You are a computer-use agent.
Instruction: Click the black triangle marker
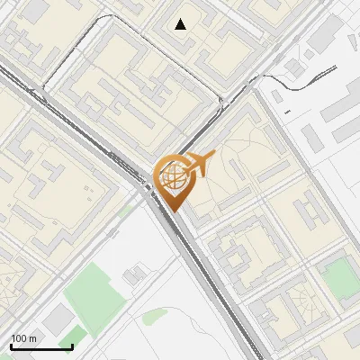coord(181,24)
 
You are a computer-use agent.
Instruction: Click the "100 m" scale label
coord(23,338)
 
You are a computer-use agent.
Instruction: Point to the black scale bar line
coord(41,346)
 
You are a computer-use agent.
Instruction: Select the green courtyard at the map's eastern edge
coord(340,276)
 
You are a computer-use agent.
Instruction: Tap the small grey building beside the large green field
coord(138,273)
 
